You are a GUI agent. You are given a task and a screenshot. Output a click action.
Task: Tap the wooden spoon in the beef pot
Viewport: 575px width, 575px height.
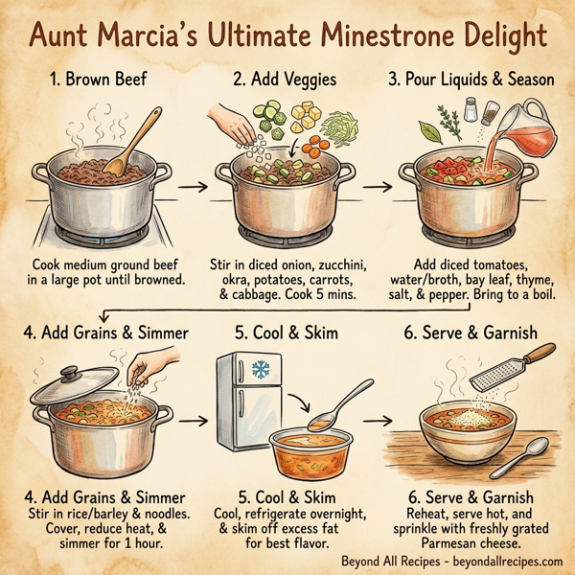point(134,144)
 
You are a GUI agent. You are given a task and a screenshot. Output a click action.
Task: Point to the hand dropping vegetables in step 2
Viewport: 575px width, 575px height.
point(229,125)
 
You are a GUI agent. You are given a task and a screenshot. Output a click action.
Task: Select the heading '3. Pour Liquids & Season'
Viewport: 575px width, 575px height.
point(472,80)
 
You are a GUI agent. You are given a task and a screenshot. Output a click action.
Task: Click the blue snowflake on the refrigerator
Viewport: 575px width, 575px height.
point(259,371)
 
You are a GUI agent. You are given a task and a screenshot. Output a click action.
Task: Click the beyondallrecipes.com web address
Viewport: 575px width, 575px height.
point(502,562)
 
